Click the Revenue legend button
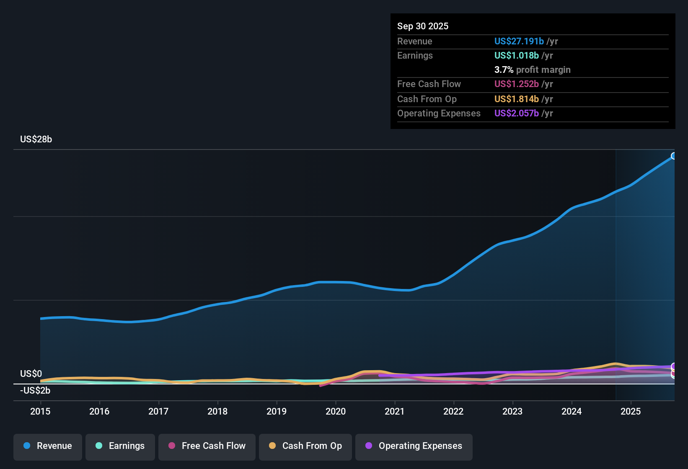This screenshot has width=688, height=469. pos(48,446)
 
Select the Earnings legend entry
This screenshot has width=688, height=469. pos(120,446)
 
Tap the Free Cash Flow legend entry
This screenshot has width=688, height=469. pos(207,446)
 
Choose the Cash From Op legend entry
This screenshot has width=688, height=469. pos(305,446)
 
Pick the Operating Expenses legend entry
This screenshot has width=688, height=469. pos(414,446)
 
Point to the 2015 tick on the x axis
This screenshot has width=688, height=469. pos(40,411)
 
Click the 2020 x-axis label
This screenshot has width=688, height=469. pos(336,411)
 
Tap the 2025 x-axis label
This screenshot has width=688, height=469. pos(631,411)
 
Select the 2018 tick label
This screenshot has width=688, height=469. pos(217,411)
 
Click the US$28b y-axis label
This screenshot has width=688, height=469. pos(36,139)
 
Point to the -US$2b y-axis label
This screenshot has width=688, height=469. pos(35,391)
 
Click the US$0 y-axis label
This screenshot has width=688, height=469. pos(31,374)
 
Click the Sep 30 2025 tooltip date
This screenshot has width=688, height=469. pos(423,26)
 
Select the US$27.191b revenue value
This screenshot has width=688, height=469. pos(519,41)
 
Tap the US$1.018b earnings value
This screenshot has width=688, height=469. pos(516,56)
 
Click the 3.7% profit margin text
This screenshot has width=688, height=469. pos(532,70)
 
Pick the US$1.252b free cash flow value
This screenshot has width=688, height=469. pos(516,84)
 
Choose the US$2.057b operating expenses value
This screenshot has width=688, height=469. pos(516,113)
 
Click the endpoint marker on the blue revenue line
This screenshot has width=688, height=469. pos(674,156)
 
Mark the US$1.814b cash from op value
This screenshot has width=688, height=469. pos(516,99)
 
